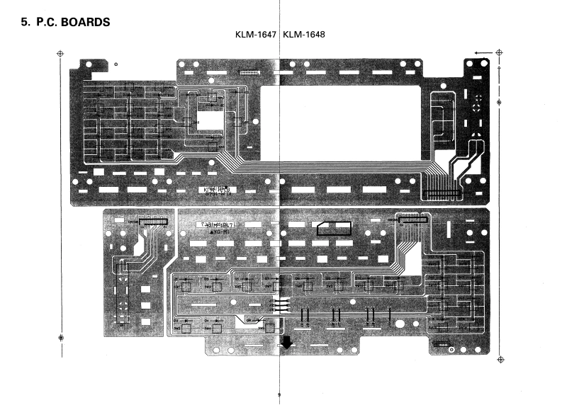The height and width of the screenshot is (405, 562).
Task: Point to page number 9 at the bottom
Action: click(x=280, y=394)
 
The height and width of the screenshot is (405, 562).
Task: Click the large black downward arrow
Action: click(x=286, y=343)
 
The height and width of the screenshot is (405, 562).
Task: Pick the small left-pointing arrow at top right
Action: click(x=483, y=52)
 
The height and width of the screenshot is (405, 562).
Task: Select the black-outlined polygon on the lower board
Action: click(x=334, y=227)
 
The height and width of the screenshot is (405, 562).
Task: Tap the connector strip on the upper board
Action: click(x=440, y=193)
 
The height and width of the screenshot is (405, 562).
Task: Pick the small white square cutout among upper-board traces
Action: click(x=208, y=117)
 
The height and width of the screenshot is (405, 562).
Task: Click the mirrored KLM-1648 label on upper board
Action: click(x=218, y=190)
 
